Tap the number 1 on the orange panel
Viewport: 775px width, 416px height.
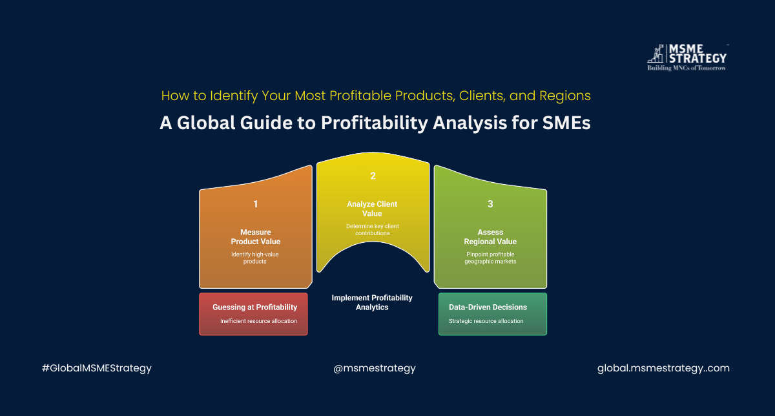pyautogui.click(x=255, y=204)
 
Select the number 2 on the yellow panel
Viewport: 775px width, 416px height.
pyautogui.click(x=373, y=176)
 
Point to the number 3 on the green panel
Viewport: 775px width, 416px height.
pyautogui.click(x=490, y=204)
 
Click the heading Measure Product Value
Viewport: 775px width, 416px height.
pyautogui.click(x=256, y=237)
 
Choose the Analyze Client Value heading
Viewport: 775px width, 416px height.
pyautogui.click(x=372, y=209)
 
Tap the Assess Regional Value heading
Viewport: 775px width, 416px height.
pyautogui.click(x=490, y=237)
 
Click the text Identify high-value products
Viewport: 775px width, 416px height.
pyautogui.click(x=255, y=258)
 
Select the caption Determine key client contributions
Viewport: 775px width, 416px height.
pyautogui.click(x=373, y=229)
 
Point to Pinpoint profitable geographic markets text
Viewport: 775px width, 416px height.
pyautogui.click(x=490, y=258)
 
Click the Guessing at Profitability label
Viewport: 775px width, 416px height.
pyautogui.click(x=254, y=307)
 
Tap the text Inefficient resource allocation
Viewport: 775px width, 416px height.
pyautogui.click(x=259, y=321)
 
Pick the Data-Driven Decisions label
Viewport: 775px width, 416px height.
pyautogui.click(x=488, y=307)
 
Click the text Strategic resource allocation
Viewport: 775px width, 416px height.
pyautogui.click(x=486, y=321)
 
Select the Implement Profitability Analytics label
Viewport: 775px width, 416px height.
pyautogui.click(x=372, y=302)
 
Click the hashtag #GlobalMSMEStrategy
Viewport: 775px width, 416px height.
pyautogui.click(x=96, y=368)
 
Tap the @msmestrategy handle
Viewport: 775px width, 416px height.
pyautogui.click(x=375, y=368)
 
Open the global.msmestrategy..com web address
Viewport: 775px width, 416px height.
pyautogui.click(x=664, y=368)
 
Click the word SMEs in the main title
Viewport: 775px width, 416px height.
pyautogui.click(x=566, y=123)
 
